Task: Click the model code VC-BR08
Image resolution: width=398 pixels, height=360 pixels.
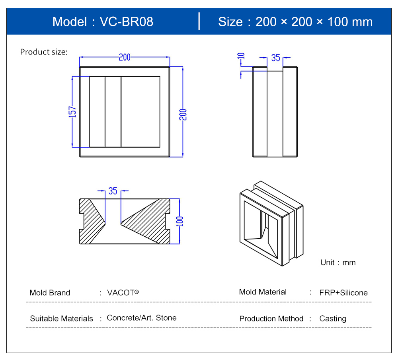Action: click(127, 21)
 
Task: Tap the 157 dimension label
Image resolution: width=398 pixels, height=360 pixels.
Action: click(72, 112)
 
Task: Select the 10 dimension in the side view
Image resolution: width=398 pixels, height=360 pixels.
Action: click(241, 56)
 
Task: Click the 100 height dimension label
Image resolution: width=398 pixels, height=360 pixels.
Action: click(179, 221)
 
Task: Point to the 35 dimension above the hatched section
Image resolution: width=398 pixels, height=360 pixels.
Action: click(113, 191)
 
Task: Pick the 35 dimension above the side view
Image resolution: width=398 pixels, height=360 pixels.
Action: click(276, 58)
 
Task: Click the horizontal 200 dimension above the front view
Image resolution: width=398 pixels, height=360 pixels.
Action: click(125, 57)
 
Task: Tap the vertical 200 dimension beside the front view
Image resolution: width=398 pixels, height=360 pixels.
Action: click(183, 115)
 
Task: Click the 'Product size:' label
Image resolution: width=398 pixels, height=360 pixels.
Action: click(44, 52)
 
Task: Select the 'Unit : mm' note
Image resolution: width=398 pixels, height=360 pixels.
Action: click(338, 262)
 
